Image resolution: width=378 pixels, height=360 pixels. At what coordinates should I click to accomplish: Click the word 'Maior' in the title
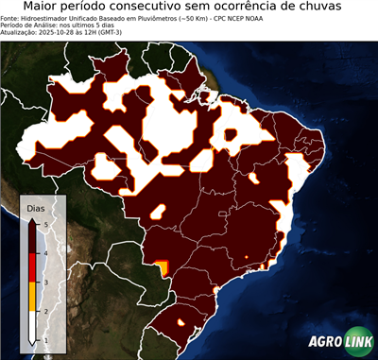[44, 9]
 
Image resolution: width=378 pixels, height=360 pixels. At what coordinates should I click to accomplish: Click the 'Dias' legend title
[35, 207]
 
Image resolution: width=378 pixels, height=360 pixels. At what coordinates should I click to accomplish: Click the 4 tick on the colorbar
[46, 252]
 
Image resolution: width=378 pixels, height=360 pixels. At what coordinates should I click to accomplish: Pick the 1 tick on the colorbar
[46, 339]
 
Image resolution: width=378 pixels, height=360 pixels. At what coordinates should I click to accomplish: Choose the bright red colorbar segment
[33, 266]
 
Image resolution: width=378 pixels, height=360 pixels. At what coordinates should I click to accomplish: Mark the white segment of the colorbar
[33, 325]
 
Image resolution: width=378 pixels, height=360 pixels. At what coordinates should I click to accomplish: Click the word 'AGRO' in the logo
[323, 343]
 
